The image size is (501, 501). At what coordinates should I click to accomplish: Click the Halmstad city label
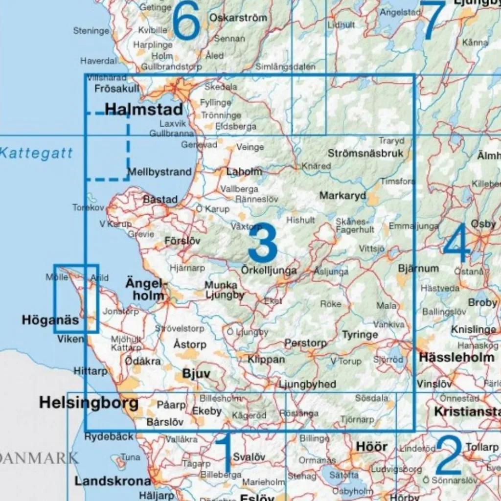point(144,109)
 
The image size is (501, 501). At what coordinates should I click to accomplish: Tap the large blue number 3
point(263,243)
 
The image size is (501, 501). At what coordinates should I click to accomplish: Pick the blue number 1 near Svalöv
point(223,453)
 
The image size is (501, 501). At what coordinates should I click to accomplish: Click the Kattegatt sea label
point(36,153)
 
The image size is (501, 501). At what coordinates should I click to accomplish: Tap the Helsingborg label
point(89,403)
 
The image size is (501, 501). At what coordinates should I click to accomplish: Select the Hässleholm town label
point(456,358)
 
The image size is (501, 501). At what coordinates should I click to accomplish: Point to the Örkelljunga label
point(269,270)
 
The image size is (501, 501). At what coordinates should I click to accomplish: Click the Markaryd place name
point(342,196)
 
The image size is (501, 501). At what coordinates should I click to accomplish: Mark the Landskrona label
point(113,480)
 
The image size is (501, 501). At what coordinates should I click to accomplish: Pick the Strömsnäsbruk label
point(365,153)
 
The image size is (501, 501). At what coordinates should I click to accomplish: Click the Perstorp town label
point(305,343)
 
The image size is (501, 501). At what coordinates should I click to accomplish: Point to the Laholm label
point(244,172)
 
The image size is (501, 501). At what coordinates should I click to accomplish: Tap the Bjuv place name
point(196,374)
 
